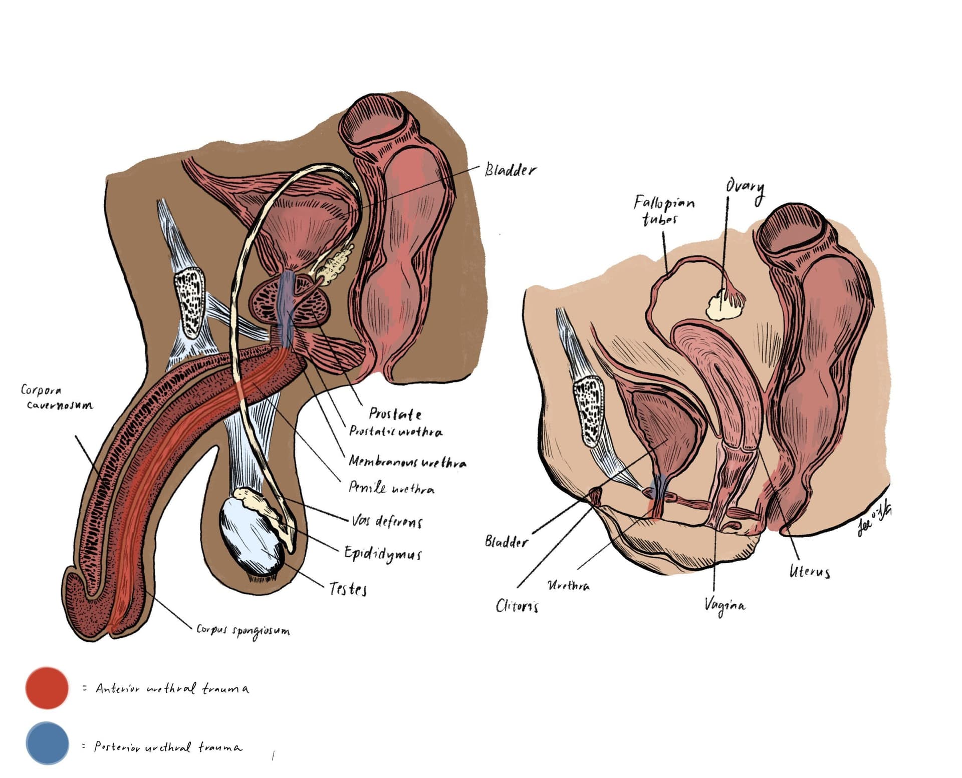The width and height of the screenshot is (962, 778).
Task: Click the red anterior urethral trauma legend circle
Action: click(47, 688)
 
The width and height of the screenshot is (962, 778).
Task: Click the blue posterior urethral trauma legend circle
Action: click(47, 743)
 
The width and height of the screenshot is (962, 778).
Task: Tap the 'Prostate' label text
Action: click(395, 414)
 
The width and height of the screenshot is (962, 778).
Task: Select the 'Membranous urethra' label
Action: click(407, 462)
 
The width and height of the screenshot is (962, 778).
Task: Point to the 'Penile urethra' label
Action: click(391, 488)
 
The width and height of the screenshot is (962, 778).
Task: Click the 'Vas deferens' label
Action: click(386, 522)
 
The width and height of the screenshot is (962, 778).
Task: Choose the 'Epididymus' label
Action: click(383, 553)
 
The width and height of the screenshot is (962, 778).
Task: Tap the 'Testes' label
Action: click(348, 589)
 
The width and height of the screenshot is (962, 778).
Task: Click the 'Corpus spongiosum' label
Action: click(243, 630)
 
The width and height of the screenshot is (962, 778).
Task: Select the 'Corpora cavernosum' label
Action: click(56, 397)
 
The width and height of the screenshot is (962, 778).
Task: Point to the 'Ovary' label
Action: click(745, 189)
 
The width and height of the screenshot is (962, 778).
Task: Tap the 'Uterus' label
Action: click(809, 571)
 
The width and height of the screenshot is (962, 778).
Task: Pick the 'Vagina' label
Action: click(724, 606)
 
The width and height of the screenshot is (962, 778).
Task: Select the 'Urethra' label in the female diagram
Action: click(568, 585)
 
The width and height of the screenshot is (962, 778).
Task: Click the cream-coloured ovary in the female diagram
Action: click(723, 304)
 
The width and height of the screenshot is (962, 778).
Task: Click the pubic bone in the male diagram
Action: click(189, 302)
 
